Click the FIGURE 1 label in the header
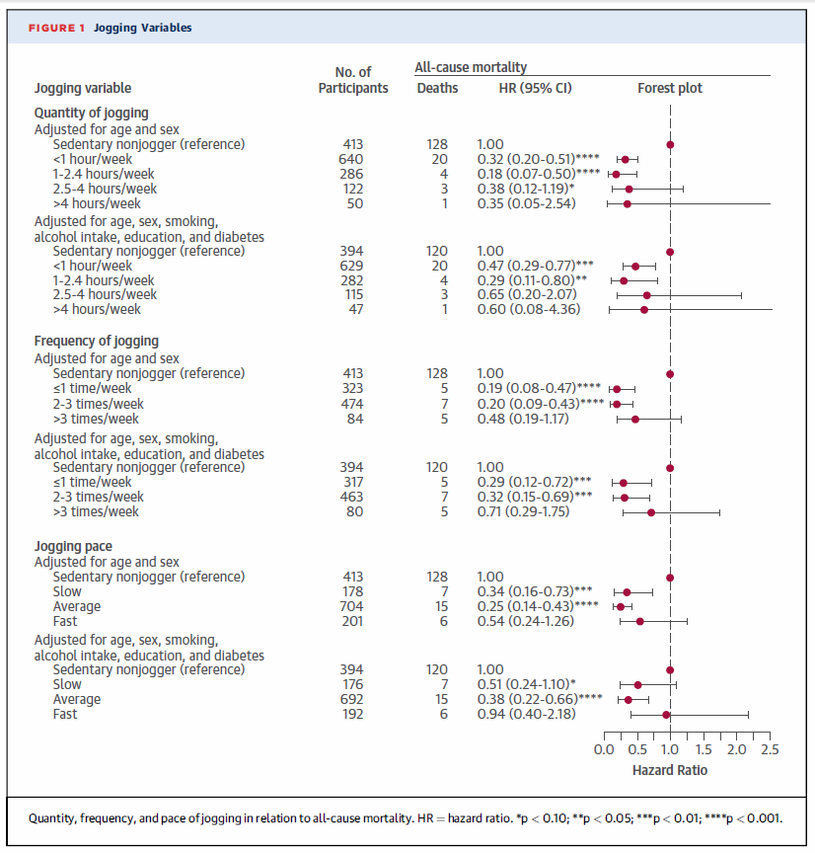click(x=56, y=28)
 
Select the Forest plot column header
click(x=670, y=88)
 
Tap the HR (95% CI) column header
click(x=536, y=88)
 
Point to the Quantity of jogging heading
click(x=92, y=114)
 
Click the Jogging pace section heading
click(x=73, y=546)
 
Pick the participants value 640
click(x=350, y=159)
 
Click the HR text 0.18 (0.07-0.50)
click(x=526, y=174)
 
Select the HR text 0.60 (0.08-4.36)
click(x=529, y=310)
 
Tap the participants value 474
click(x=352, y=404)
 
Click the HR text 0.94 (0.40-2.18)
click(x=526, y=714)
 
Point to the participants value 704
click(x=351, y=606)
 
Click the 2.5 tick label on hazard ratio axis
click(x=770, y=749)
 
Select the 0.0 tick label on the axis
click(x=604, y=749)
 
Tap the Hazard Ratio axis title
click(x=670, y=770)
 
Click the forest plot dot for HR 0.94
click(x=666, y=715)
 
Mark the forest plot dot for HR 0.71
click(x=651, y=512)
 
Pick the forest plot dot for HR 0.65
click(x=647, y=295)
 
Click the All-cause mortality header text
click(x=471, y=67)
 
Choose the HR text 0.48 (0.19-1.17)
click(x=523, y=419)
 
